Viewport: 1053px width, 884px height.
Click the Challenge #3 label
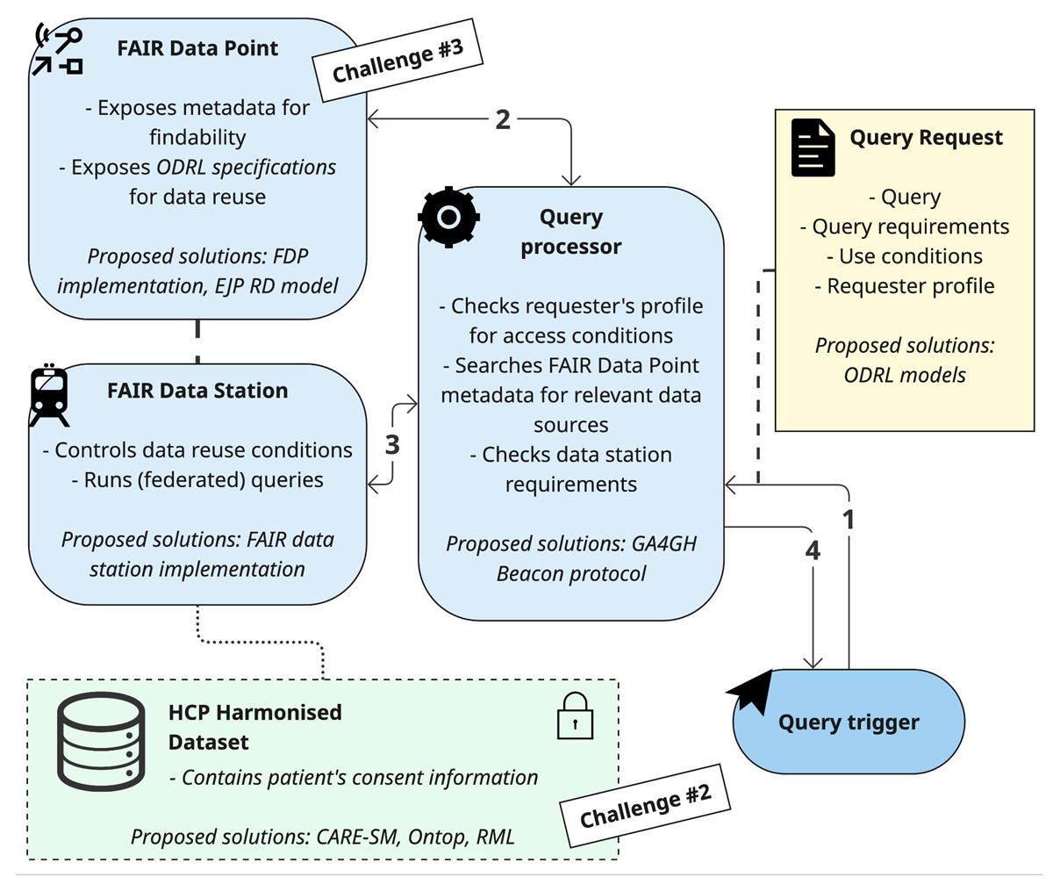coord(398,60)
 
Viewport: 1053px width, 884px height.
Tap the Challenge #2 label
coord(645,806)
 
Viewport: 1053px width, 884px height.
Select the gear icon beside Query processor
coord(448,217)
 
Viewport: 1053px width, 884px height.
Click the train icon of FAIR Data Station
coord(49,395)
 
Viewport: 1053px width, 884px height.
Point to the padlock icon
coord(575,716)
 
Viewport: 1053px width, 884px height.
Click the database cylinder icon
coord(101,741)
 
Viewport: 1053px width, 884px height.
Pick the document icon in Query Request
coord(813,147)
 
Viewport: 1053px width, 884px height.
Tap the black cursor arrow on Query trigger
coord(751,691)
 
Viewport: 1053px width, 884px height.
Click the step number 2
coord(503,119)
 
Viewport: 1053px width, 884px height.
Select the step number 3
coord(392,445)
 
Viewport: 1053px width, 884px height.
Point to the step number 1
coord(849,519)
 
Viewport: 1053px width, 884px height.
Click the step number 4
coord(813,550)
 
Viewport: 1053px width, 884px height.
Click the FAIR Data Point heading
coord(197,48)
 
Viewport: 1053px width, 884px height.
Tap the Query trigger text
coord(849,722)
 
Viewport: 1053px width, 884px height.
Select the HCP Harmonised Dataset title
coord(254,727)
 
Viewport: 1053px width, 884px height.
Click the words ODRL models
coord(905,375)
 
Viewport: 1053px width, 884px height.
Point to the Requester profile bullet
coord(905,286)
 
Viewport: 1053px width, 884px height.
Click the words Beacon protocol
coord(571,574)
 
